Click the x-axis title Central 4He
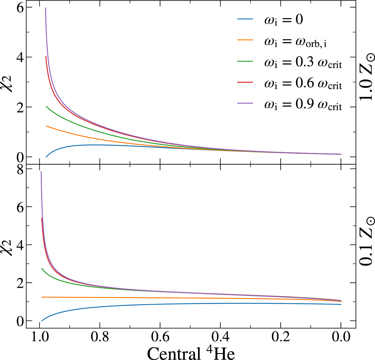191,353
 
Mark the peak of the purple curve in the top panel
46,8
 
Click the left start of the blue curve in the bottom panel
42,321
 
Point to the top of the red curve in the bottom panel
42,218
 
